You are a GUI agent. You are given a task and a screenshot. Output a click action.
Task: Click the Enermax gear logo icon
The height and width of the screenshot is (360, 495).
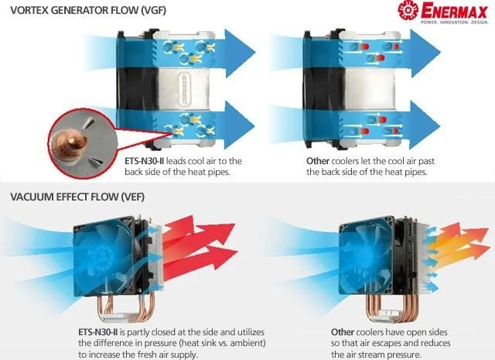[x=408, y=10]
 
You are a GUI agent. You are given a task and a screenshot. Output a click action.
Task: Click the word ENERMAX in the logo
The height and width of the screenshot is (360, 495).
[x=454, y=11]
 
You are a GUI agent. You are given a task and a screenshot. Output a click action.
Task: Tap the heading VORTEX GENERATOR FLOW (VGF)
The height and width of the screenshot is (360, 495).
[x=88, y=10]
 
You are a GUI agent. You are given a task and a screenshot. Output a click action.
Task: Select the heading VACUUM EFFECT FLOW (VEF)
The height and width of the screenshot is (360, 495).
[x=77, y=197]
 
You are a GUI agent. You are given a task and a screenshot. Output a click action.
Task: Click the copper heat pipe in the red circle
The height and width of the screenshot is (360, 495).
[x=72, y=144]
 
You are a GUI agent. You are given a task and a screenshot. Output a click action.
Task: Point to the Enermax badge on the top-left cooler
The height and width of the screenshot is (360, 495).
[x=184, y=90]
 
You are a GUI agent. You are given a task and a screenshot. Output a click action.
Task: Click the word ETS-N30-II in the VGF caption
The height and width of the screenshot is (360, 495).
[x=145, y=161]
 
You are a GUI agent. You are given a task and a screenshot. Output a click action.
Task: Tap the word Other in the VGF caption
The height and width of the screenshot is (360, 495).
[x=318, y=161]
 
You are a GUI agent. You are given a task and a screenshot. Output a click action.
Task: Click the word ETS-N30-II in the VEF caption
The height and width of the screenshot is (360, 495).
[x=98, y=332]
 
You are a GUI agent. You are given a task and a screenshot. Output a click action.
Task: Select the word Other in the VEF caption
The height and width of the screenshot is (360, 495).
[x=343, y=332]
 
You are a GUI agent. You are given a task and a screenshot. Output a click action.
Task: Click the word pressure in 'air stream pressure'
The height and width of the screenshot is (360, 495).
[x=401, y=355]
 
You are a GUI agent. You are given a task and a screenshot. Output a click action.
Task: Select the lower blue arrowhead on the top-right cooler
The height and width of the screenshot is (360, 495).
[x=425, y=125]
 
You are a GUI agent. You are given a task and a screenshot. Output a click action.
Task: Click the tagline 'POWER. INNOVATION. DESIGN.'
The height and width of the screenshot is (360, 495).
[x=454, y=22]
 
